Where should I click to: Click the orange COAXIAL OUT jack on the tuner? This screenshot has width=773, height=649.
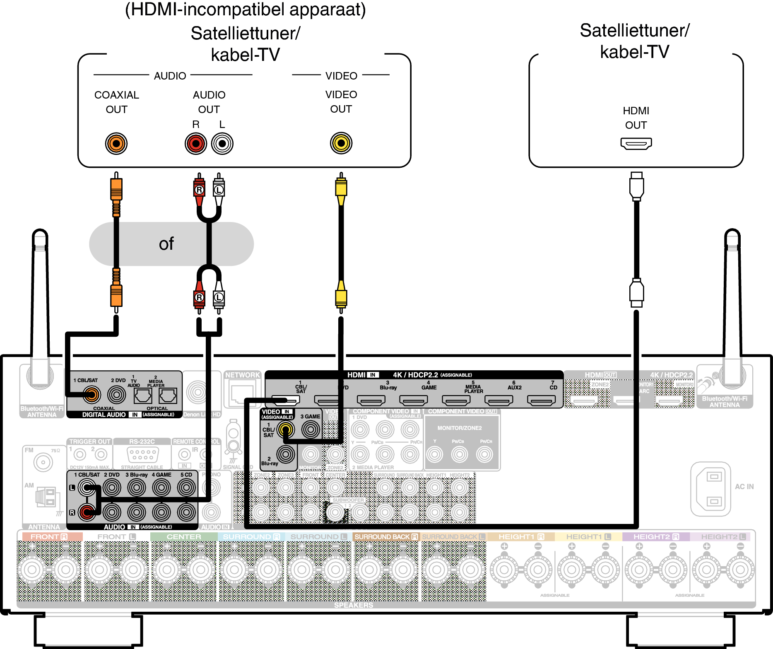[x=116, y=144]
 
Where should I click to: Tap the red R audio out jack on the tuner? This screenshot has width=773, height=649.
[x=196, y=144]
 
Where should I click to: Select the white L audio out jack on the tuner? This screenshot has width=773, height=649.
[x=222, y=144]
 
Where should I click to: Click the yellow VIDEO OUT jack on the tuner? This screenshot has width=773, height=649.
[x=341, y=143]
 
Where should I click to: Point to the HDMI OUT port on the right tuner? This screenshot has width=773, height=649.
[x=636, y=143]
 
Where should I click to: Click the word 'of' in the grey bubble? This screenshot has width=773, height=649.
[x=166, y=244]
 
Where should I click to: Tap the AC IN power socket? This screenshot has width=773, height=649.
[x=710, y=489]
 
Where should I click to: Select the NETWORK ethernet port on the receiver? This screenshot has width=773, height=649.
[x=242, y=394]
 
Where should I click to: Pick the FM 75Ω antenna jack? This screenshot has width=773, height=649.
[x=43, y=462]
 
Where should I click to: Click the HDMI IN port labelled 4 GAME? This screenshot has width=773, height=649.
[x=414, y=400]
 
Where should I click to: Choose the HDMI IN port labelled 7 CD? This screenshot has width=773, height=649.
[x=542, y=400]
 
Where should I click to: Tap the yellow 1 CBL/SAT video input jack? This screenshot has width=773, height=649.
[x=286, y=430]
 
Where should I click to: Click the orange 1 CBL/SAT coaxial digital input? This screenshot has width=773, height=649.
[x=92, y=395]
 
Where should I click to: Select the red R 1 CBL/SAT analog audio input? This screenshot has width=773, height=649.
[x=87, y=512]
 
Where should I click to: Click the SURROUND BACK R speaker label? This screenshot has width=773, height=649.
[x=386, y=537]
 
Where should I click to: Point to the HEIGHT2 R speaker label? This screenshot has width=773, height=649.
[x=656, y=537]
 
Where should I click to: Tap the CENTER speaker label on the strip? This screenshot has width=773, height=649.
[x=184, y=537]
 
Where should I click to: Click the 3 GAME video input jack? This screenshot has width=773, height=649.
[x=311, y=429]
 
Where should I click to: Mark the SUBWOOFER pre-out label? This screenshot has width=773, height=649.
[x=348, y=500]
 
